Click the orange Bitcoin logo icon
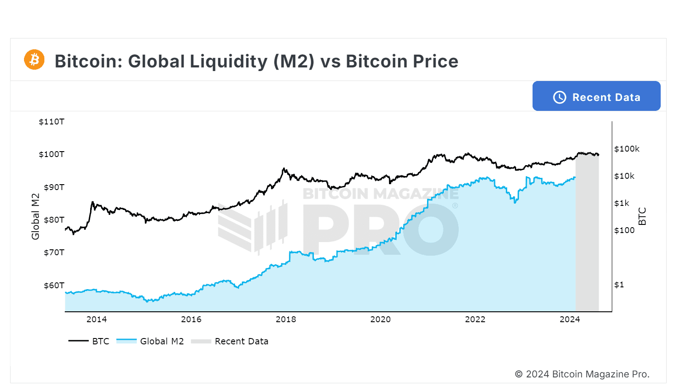tap(34, 60)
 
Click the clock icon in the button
tap(560, 97)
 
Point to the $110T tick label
tap(52, 122)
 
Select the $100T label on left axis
tap(52, 154)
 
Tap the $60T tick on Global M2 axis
tap(54, 286)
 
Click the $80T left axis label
tap(54, 220)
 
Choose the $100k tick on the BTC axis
tap(627, 149)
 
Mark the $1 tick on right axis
tap(619, 285)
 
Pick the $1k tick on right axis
tap(622, 203)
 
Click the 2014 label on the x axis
tap(96, 319)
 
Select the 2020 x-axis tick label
tap(380, 319)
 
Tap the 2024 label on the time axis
tap(570, 319)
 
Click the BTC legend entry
tap(89, 341)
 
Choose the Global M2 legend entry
tap(150, 341)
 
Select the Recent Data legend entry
tap(230, 341)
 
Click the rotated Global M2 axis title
tap(35, 216)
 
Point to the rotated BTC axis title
tap(642, 216)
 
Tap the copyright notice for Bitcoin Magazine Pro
tap(582, 374)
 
